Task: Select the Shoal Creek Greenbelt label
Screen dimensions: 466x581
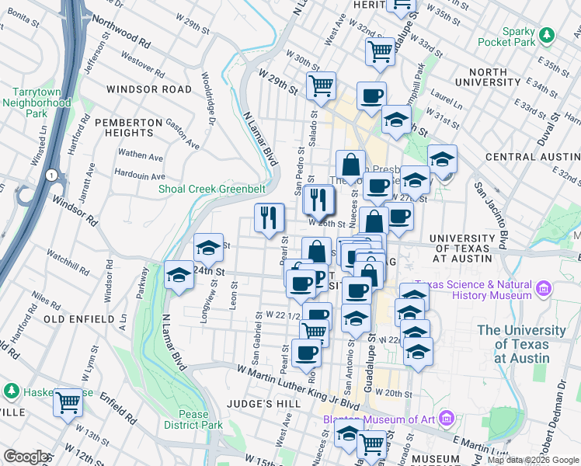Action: click(x=212, y=189)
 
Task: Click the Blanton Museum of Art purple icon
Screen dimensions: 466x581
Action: click(x=446, y=420)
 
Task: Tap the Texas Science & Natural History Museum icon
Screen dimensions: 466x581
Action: click(x=542, y=290)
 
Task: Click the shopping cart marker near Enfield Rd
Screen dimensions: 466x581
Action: click(x=68, y=402)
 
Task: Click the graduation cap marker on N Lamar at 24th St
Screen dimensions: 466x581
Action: click(x=179, y=275)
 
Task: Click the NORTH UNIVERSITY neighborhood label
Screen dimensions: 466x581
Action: click(x=488, y=77)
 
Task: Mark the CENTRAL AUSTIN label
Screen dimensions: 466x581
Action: click(x=533, y=157)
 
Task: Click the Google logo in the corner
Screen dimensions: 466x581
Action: click(x=26, y=457)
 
